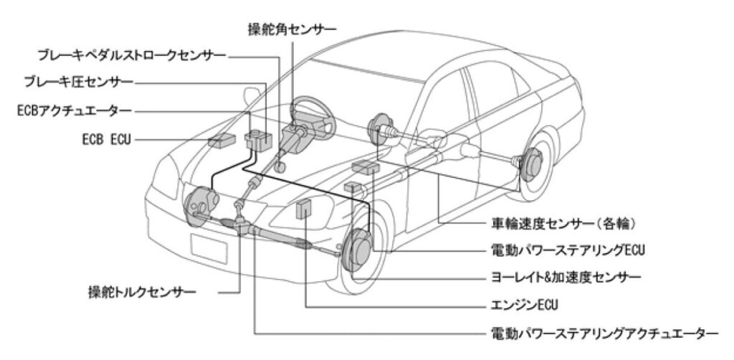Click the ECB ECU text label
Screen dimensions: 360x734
105,138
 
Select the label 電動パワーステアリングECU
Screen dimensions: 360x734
554,251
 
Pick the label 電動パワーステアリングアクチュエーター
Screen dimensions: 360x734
602,333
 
